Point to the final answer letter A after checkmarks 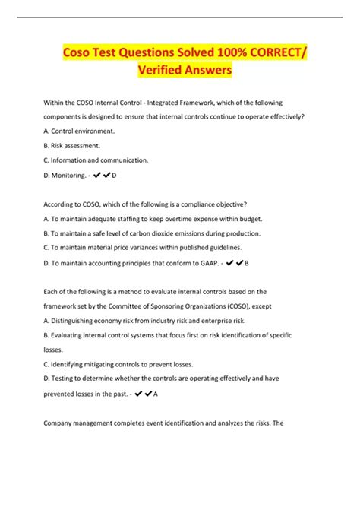(x=156, y=394)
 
